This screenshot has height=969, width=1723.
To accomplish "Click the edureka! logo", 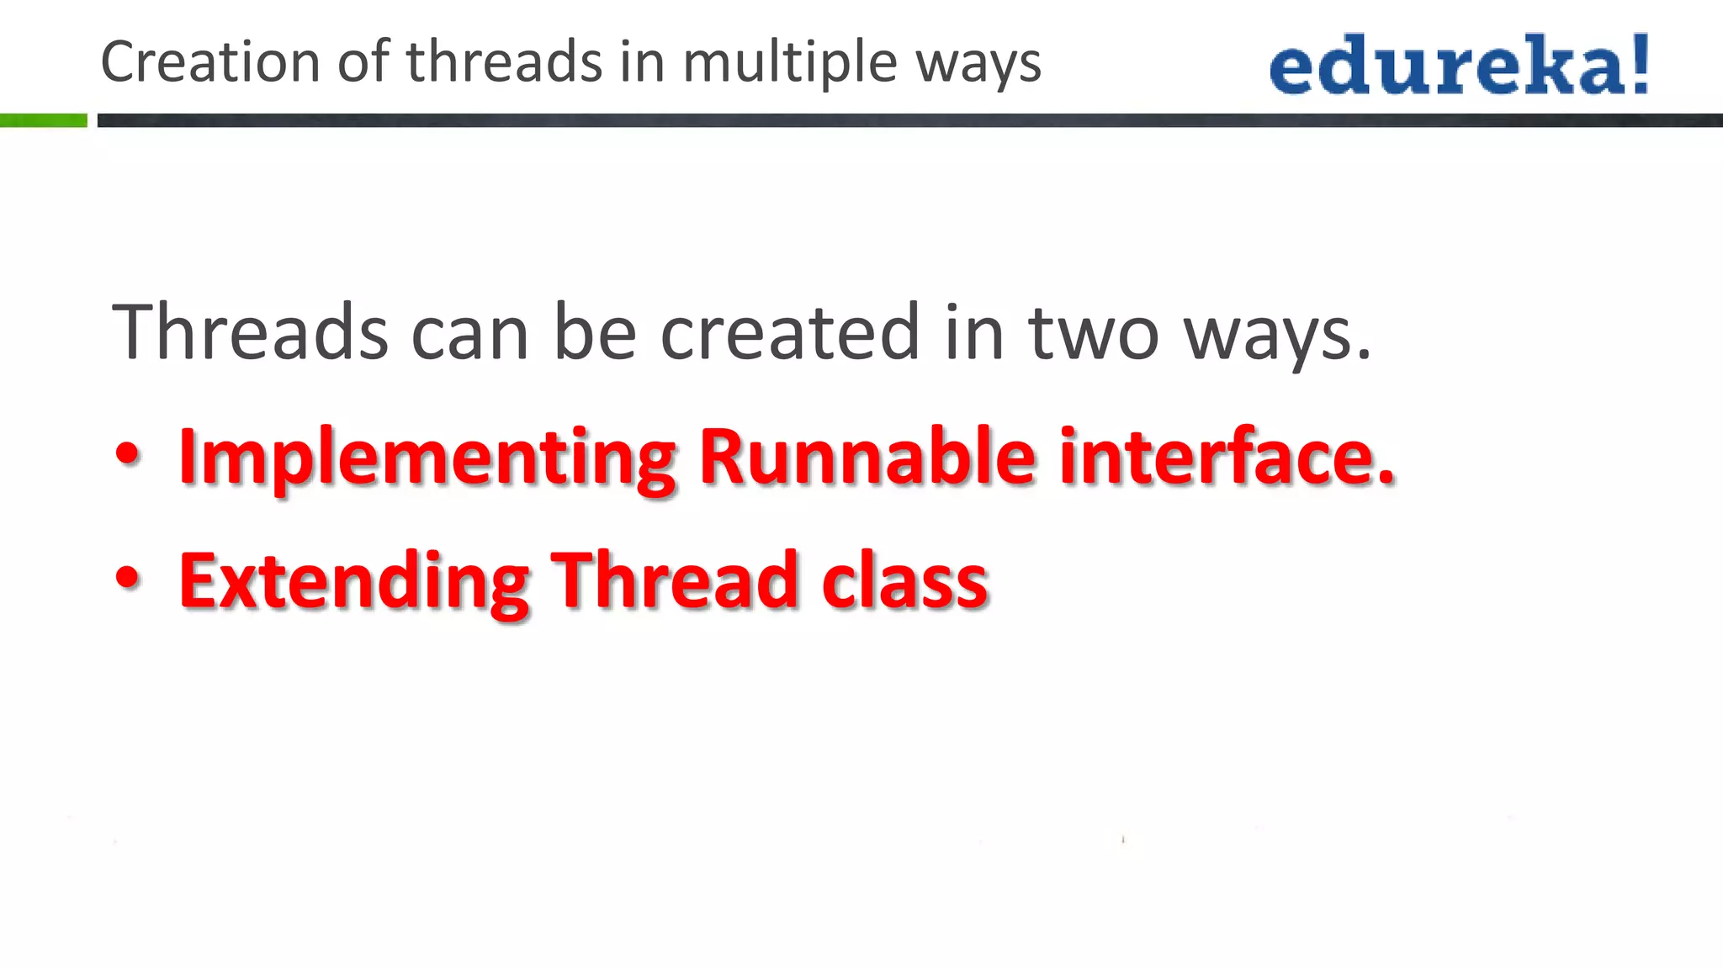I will tap(1459, 64).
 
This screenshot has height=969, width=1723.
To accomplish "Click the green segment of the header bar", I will tap(43, 120).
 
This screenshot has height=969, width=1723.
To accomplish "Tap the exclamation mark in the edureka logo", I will tap(1639, 64).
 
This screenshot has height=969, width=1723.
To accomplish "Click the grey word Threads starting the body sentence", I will tap(250, 332).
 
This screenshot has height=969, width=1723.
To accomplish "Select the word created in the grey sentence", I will tap(790, 332).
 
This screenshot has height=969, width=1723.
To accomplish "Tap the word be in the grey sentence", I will tap(594, 332).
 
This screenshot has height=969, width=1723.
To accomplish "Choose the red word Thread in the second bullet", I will tap(674, 580).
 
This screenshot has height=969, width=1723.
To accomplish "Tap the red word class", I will tap(904, 580).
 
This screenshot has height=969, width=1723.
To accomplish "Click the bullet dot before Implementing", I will tap(128, 455).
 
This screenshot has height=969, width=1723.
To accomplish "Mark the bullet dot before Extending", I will tap(128, 579).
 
